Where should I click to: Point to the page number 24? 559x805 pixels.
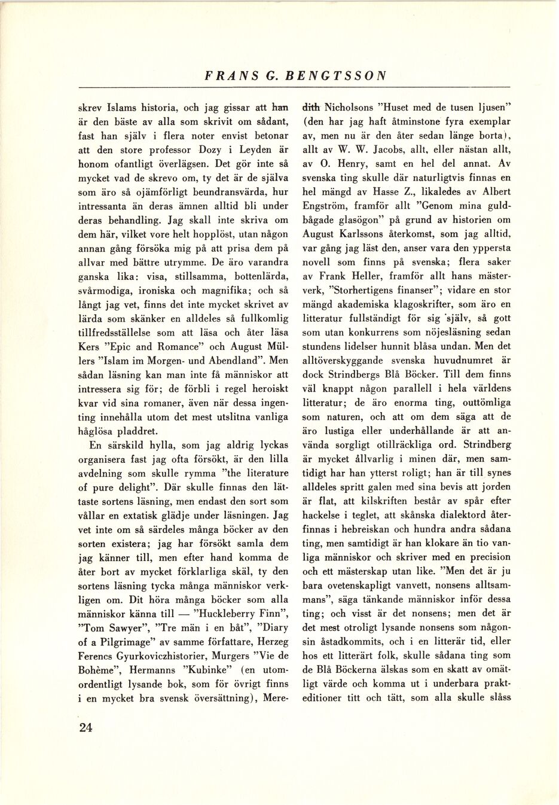coord(85,728)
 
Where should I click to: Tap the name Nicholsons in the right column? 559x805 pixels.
coord(349,108)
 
